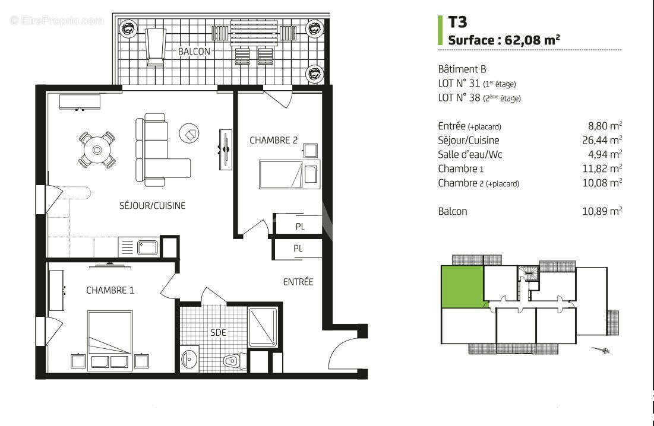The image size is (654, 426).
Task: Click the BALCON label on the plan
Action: (194, 52)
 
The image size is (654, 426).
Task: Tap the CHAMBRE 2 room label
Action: (273, 141)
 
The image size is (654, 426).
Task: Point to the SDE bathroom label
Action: (218, 333)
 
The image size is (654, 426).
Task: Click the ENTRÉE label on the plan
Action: (298, 282)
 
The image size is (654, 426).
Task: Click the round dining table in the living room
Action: (96, 149)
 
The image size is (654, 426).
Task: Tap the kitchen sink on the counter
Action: (147, 247)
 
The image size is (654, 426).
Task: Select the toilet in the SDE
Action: (233, 360)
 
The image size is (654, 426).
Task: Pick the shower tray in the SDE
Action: (262, 327)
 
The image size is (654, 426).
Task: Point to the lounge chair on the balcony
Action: (155, 46)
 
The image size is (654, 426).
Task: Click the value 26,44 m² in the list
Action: (602, 141)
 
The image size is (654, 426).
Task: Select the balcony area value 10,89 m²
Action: (602, 211)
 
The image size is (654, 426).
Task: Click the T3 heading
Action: (457, 23)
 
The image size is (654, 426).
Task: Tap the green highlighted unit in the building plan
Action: (461, 287)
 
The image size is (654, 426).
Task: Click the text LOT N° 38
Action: (459, 98)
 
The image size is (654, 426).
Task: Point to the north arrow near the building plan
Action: (601, 350)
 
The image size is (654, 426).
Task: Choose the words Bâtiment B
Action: (462, 69)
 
